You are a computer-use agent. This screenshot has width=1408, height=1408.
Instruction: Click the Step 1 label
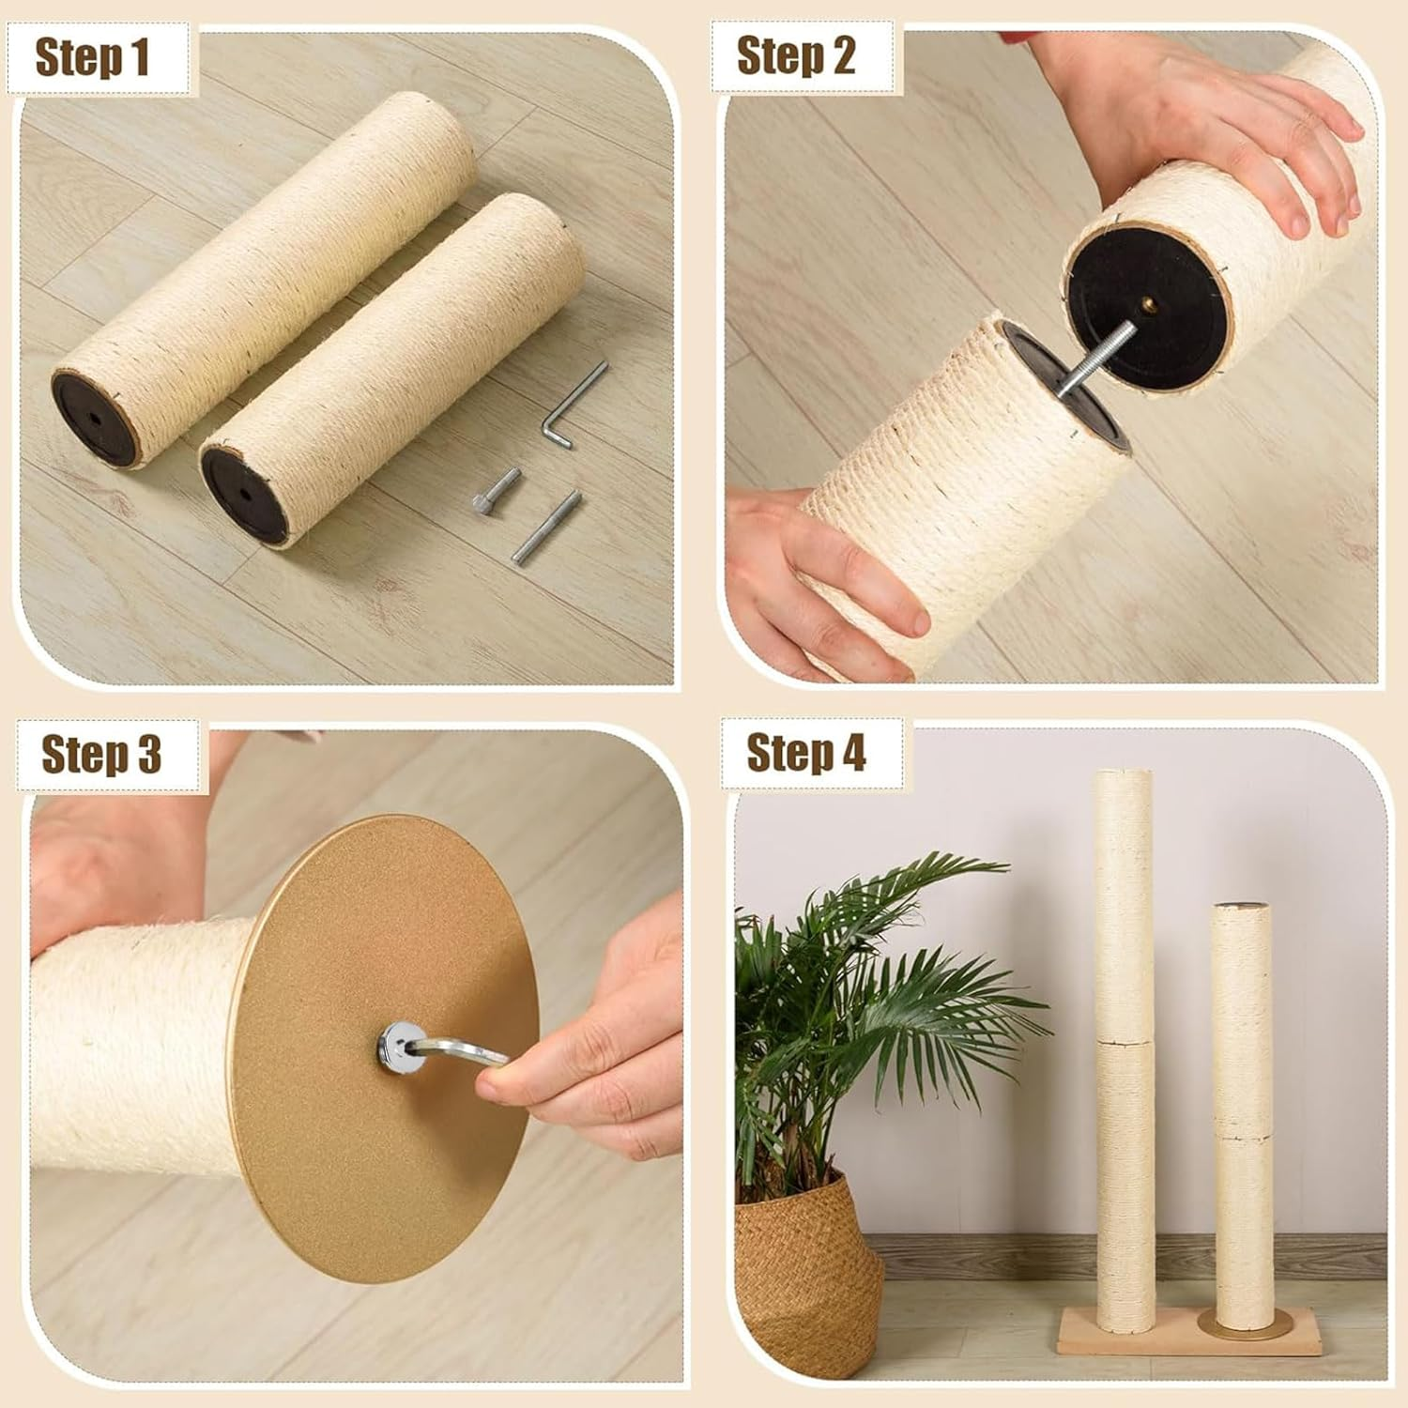92,58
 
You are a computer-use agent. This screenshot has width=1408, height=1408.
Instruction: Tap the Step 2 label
796,56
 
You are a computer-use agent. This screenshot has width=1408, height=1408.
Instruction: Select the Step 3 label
101,755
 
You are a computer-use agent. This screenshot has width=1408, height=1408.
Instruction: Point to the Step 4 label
806,752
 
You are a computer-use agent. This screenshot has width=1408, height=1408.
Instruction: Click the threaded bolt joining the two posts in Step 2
1094,361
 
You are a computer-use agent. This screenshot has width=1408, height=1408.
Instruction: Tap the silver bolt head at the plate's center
397,1042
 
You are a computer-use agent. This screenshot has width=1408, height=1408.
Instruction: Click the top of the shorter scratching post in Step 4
1241,907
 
